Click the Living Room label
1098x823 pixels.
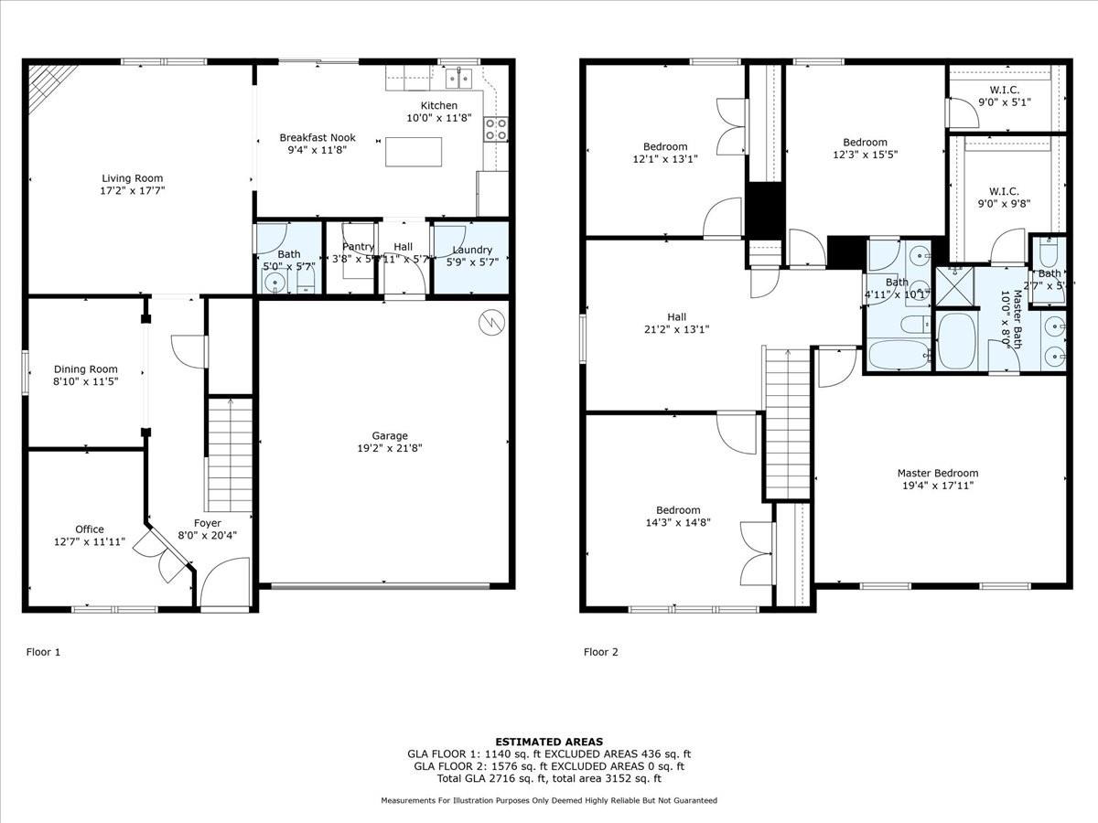[x=132, y=178]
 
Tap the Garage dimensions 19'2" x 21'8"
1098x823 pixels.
[x=390, y=448]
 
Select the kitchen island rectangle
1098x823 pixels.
[x=413, y=151]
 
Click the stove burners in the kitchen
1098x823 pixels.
[x=495, y=130]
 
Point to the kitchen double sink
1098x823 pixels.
[x=458, y=77]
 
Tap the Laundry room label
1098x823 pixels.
[x=472, y=250]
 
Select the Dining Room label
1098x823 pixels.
[x=85, y=369]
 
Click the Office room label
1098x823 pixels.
[x=90, y=529]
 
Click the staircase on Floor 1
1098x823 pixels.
[x=230, y=454]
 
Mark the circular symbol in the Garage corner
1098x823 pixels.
[x=491, y=321]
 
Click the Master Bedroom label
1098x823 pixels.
[x=937, y=473]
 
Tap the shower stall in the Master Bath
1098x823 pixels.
[x=953, y=287]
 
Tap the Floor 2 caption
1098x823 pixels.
[x=601, y=652]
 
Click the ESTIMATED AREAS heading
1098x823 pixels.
[x=549, y=742]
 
